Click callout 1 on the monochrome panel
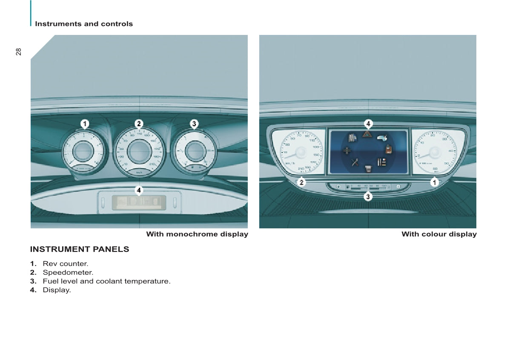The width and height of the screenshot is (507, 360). pos(85,124)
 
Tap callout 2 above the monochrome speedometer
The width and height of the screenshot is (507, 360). pos(139,124)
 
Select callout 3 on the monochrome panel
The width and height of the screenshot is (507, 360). pos(194,124)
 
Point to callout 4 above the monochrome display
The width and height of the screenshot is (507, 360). pos(139,190)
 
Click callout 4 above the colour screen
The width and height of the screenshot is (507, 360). pos(368,124)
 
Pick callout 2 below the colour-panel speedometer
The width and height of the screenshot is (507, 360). pos(301,182)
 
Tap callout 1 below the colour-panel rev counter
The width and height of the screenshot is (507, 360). pos(434,182)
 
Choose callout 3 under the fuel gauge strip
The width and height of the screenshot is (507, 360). pos(368,196)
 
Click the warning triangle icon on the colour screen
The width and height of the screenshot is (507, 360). pos(367,134)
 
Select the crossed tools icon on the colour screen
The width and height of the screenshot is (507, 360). pos(355,162)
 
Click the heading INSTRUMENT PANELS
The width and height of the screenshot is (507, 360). pos(80,249)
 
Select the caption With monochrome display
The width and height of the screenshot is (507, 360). pos(197,234)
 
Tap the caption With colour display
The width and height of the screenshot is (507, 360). pos(439,234)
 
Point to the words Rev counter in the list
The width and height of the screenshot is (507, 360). pos(65,264)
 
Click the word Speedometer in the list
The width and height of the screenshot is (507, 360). pos(68,272)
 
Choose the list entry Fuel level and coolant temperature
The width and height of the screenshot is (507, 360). pos(106,281)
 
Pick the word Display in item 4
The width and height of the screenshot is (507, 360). pos(56,290)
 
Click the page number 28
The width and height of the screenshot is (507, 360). pos(18,52)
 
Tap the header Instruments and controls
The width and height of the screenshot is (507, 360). pos(84,24)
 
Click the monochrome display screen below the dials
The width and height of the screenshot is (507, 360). pos(139,202)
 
